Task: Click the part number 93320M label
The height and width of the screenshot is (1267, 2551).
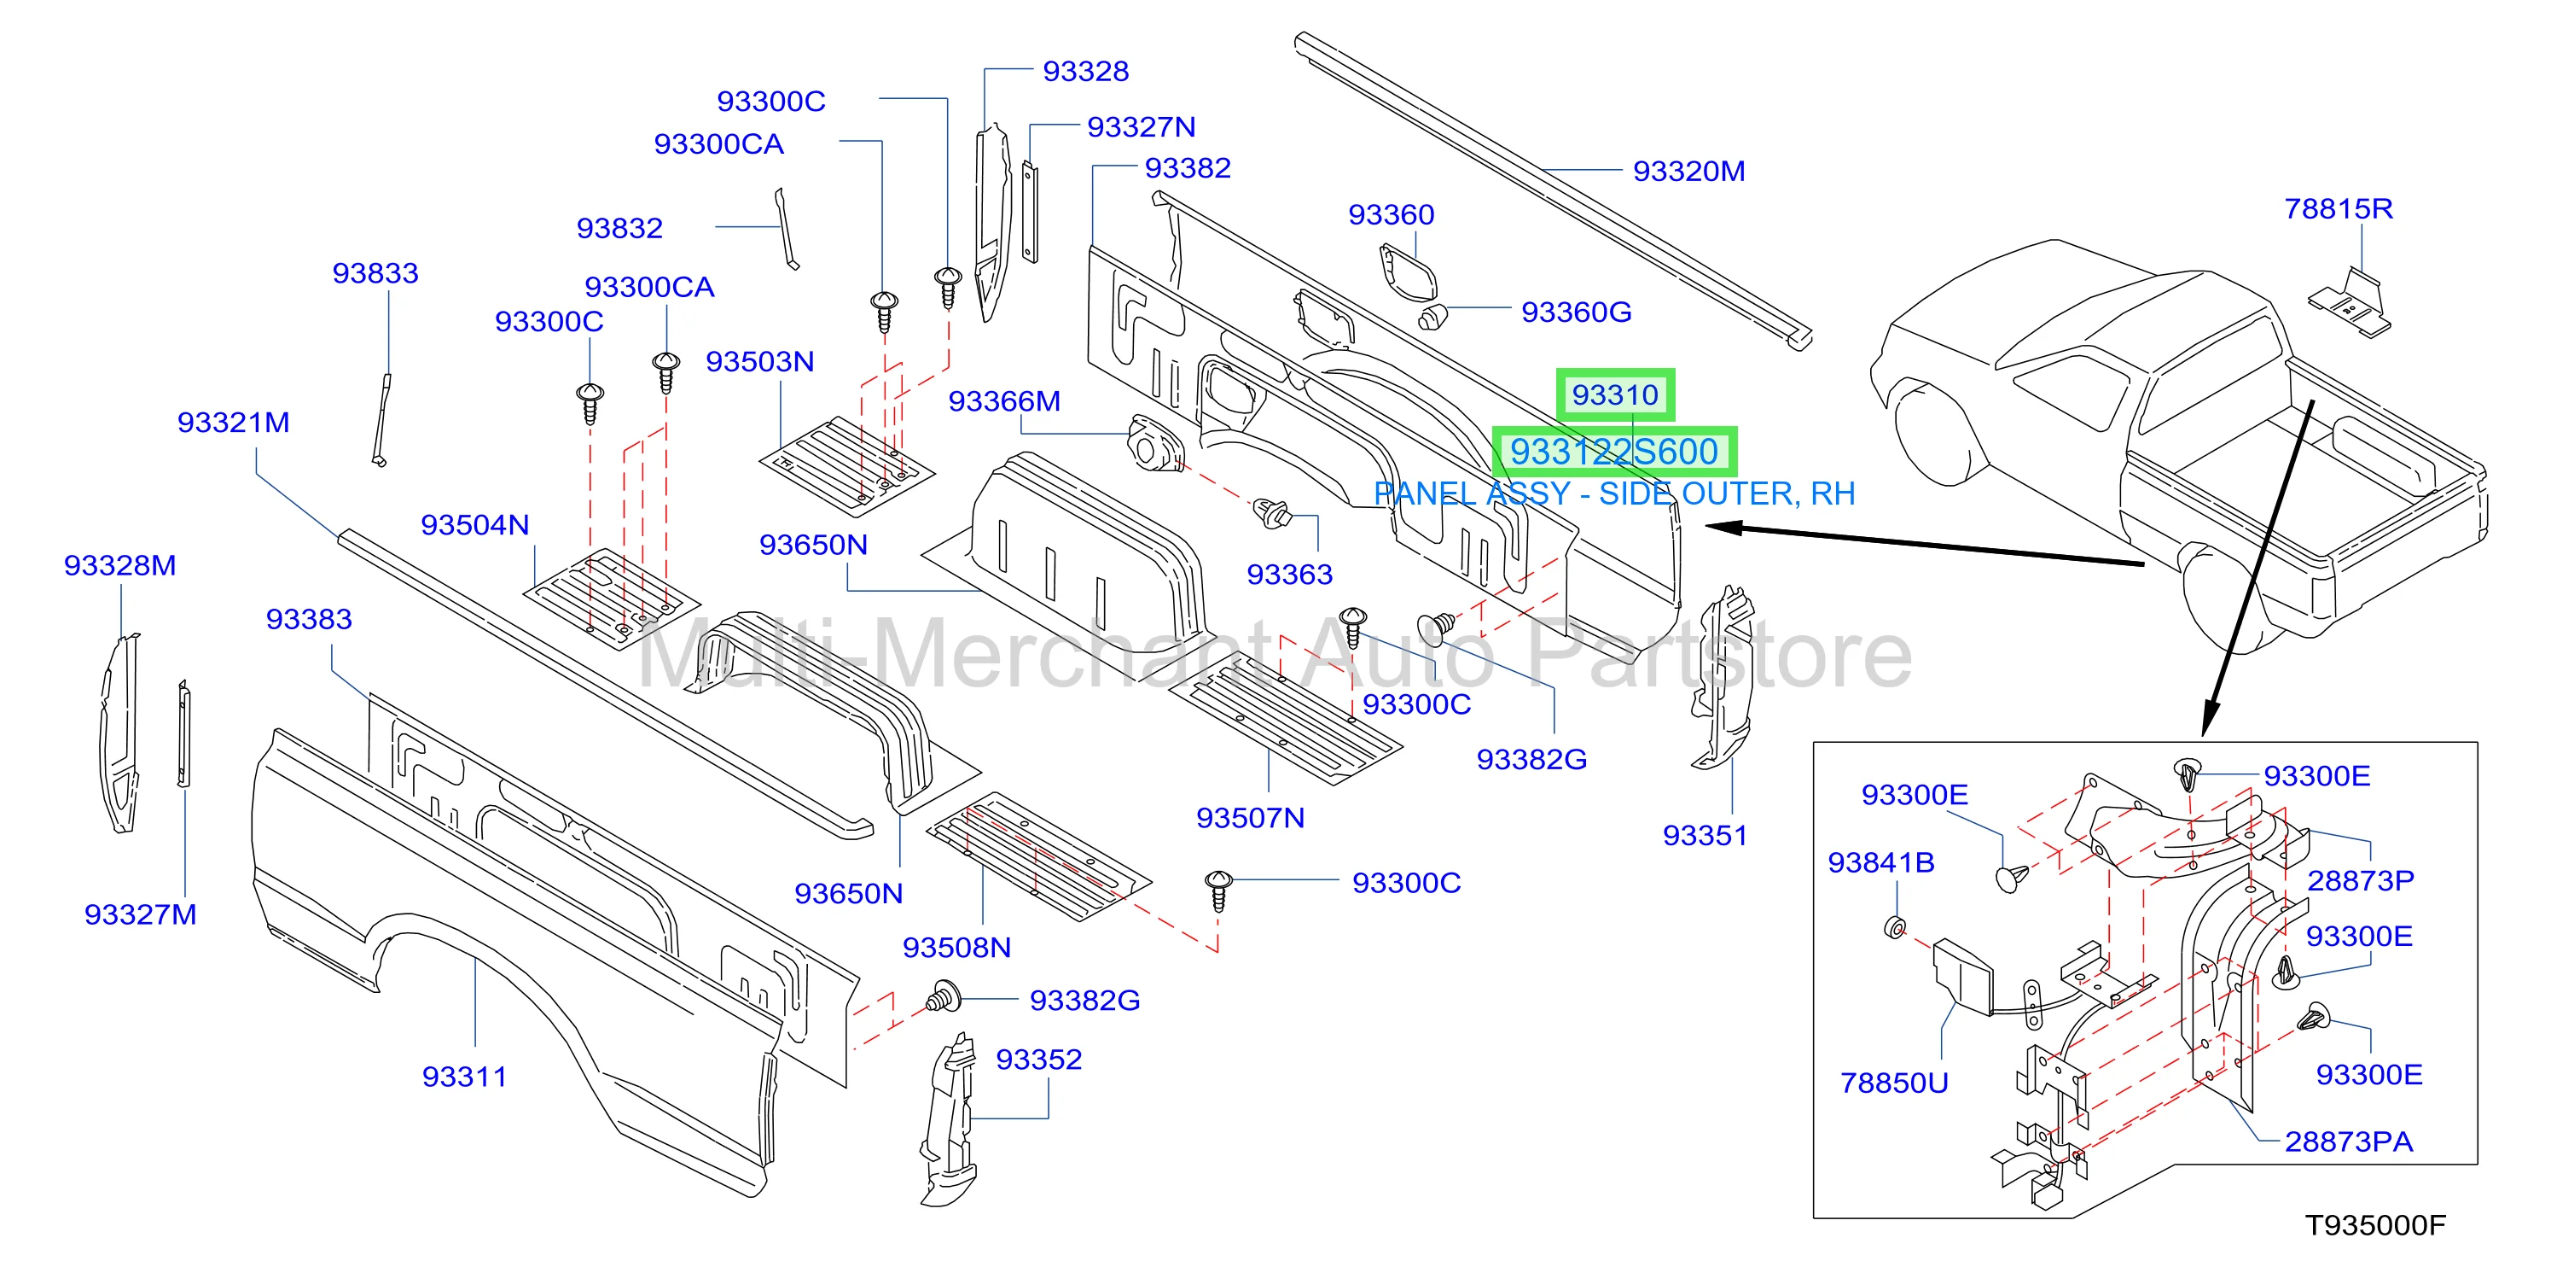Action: pos(1688,172)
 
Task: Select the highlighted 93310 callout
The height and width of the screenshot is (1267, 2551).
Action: pos(1615,394)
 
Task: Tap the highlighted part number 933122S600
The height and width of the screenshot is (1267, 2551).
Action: pos(1614,452)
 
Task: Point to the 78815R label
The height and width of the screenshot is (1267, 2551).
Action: pos(2338,209)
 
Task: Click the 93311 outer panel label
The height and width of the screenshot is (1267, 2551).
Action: pos(464,1077)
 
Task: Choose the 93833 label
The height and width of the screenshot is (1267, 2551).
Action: pos(375,273)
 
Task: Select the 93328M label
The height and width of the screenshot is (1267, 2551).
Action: pos(119,566)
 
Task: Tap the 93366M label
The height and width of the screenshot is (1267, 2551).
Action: pos(1004,401)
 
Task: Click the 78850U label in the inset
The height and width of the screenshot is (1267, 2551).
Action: pos(1894,1083)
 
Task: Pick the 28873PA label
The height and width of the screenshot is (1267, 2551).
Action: pos(2349,1142)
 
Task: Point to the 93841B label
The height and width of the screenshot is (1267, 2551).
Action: pos(1881,863)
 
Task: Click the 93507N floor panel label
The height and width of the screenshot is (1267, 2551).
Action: pos(1251,818)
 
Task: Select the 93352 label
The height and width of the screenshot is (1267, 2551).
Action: pos(1039,1060)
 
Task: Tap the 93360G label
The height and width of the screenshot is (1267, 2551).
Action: pos(1577,312)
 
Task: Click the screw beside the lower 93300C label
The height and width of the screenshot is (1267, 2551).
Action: pos(1218,890)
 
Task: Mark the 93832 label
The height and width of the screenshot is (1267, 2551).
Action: pos(620,229)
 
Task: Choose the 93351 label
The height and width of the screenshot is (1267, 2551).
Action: pos(1706,836)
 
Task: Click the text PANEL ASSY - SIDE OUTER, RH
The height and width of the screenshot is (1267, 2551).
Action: pos(1614,493)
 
